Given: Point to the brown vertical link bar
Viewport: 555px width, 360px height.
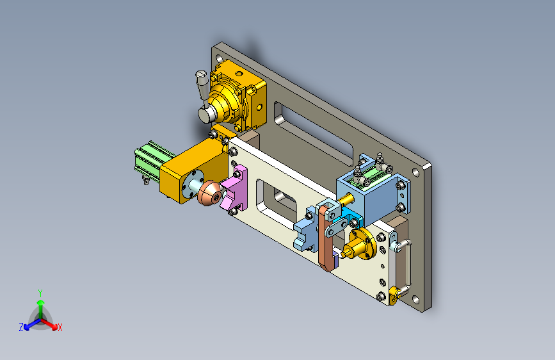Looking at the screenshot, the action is (x=326, y=238).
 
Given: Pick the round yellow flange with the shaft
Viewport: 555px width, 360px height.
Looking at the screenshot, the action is (x=358, y=244).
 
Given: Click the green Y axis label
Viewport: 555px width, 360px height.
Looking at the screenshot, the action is (x=40, y=293).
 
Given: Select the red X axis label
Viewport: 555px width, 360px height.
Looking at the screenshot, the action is (x=60, y=327).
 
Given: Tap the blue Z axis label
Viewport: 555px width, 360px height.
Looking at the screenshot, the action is (x=21, y=327).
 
